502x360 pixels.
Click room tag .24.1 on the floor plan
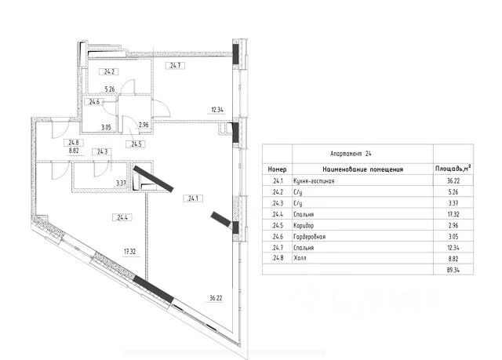[193, 198]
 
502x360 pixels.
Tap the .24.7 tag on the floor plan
[175, 66]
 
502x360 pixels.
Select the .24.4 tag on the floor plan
[122, 217]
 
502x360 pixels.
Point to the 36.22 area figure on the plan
[216, 298]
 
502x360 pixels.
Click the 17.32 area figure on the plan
[129, 252]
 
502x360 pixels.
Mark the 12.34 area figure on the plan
[217, 110]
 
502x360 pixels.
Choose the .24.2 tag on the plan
[109, 71]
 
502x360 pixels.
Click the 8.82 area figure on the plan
[74, 151]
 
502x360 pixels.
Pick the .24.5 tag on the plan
[136, 144]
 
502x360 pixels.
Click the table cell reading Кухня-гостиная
[314, 181]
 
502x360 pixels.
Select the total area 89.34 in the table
[453, 270]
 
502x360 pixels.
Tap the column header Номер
[277, 169]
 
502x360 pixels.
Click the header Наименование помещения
[362, 169]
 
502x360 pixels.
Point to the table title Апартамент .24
[351, 154]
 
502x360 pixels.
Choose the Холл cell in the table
[300, 258]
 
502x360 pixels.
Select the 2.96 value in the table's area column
[453, 225]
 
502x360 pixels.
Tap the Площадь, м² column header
[453, 169]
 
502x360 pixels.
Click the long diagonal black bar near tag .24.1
[154, 179]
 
